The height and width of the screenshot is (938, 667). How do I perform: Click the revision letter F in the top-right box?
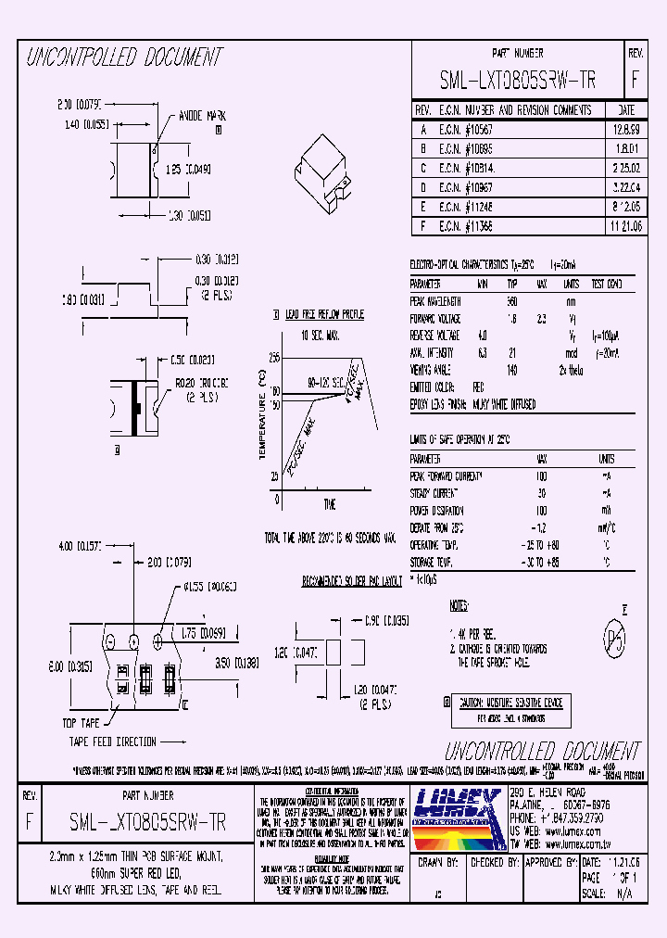(634, 80)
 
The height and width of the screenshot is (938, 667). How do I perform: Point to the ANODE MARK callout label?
(202, 117)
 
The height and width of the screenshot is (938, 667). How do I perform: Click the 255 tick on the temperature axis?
(274, 357)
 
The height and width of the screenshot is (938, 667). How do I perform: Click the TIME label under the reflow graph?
(329, 503)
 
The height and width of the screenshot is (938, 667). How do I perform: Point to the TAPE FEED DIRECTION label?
(113, 742)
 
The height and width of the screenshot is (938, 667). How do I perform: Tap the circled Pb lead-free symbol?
(612, 639)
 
